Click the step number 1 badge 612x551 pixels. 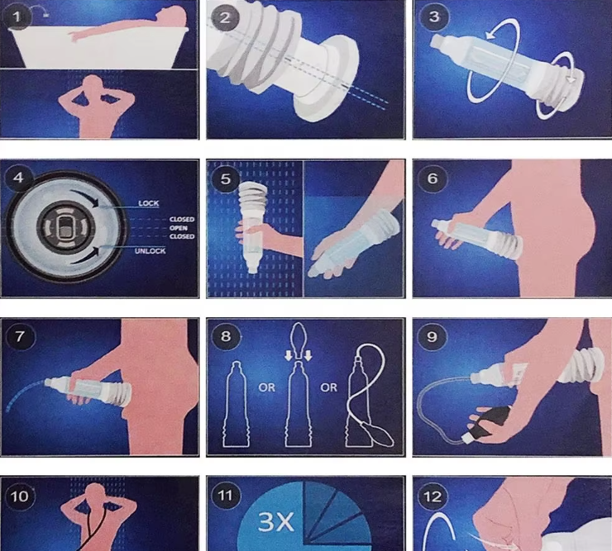pos(17,17)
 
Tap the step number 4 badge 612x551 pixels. pos(18,178)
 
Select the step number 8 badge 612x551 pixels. pos(226,336)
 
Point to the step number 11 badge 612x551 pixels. pos(225,495)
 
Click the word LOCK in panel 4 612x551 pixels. pos(148,203)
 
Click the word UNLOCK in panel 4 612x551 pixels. pos(150,251)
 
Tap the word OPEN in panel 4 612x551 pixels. pos(179,228)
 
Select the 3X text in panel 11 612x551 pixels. pos(275,522)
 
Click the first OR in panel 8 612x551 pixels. pos(266,387)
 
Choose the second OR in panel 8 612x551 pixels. pos(328,387)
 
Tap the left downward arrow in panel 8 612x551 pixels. pos(289,355)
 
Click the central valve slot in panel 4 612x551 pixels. pos(65,227)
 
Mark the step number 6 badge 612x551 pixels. pos(432,178)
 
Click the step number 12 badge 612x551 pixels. pos(432,496)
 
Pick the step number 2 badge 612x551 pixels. pos(224,17)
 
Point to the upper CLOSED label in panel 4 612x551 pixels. pos(182,219)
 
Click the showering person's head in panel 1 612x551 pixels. pos(93,83)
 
